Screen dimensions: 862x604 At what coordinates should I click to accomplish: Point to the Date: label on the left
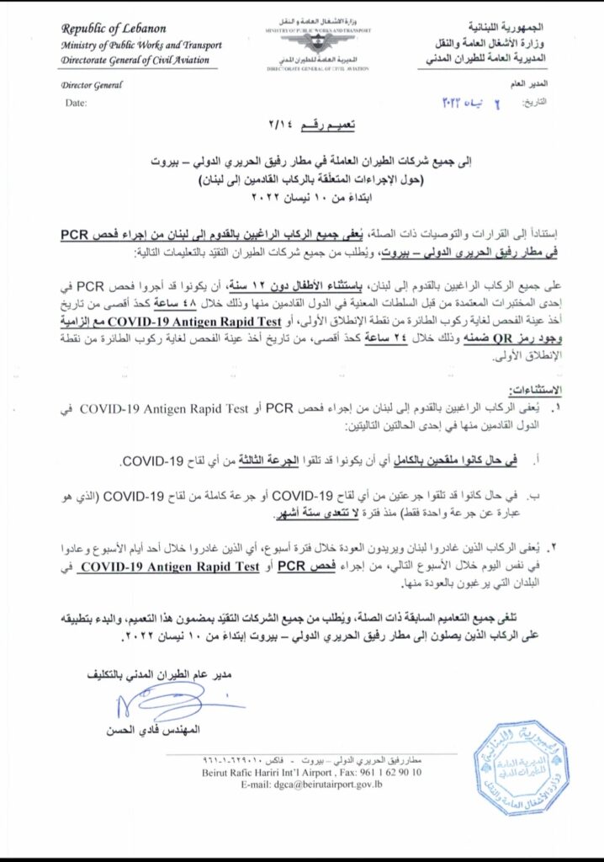76,102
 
